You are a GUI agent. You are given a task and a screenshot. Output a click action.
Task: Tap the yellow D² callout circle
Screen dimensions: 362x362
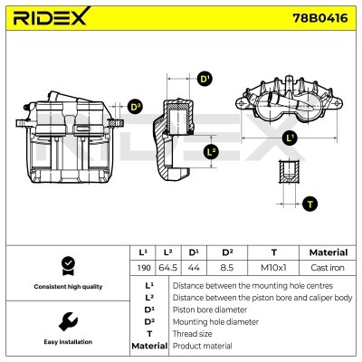(135, 107)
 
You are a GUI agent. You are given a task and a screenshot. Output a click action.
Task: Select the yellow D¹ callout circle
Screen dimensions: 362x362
(205, 80)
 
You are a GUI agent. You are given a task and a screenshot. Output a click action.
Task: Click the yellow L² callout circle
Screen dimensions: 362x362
(211, 151)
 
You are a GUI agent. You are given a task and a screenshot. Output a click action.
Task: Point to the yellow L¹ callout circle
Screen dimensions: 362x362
(290, 138)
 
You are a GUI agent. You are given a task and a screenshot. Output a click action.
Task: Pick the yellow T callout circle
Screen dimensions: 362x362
(310, 203)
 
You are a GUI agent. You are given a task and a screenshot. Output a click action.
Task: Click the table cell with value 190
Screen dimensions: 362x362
(142, 268)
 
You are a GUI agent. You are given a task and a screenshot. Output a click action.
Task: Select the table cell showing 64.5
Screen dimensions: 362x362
(167, 268)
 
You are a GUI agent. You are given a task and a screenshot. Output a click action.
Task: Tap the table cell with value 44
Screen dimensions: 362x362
(193, 268)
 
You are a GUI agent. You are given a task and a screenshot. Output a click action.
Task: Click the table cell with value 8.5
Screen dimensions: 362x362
(227, 268)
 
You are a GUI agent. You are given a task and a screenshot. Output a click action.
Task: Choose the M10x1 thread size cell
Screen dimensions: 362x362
(273, 268)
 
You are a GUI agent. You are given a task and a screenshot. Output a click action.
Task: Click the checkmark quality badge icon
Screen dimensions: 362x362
(66, 264)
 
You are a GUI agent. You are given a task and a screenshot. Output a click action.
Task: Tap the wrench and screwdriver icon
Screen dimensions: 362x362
(66, 321)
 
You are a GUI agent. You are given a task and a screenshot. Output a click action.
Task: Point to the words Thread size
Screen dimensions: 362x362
(192, 333)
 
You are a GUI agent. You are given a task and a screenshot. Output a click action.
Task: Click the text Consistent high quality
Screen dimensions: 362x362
(66, 286)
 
